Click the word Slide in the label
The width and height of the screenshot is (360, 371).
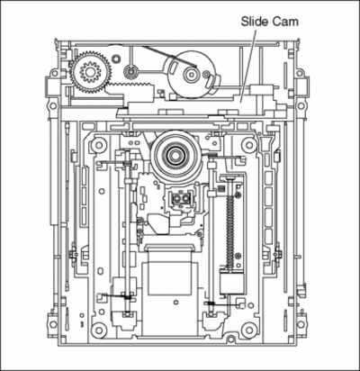coord(255,22)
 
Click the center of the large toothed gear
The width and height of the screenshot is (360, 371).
coord(90,72)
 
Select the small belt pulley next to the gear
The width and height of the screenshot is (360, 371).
coord(130,72)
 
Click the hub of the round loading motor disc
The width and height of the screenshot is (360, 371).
coord(191,74)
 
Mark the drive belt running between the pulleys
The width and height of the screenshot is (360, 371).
coord(169,57)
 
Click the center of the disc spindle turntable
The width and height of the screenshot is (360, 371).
coord(174,155)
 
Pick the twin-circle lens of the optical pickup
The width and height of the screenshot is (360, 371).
coord(181,198)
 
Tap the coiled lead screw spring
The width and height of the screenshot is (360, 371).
coord(230,232)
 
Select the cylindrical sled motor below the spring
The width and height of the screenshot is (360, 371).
coord(231,282)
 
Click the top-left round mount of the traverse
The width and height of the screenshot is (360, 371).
coord(98,145)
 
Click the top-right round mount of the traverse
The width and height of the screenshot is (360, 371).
coord(249,145)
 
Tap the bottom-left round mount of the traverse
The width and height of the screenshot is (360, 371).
coord(98,330)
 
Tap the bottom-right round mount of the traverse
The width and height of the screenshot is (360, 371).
coord(249,330)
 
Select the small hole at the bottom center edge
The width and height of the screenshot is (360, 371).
coord(230,339)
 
